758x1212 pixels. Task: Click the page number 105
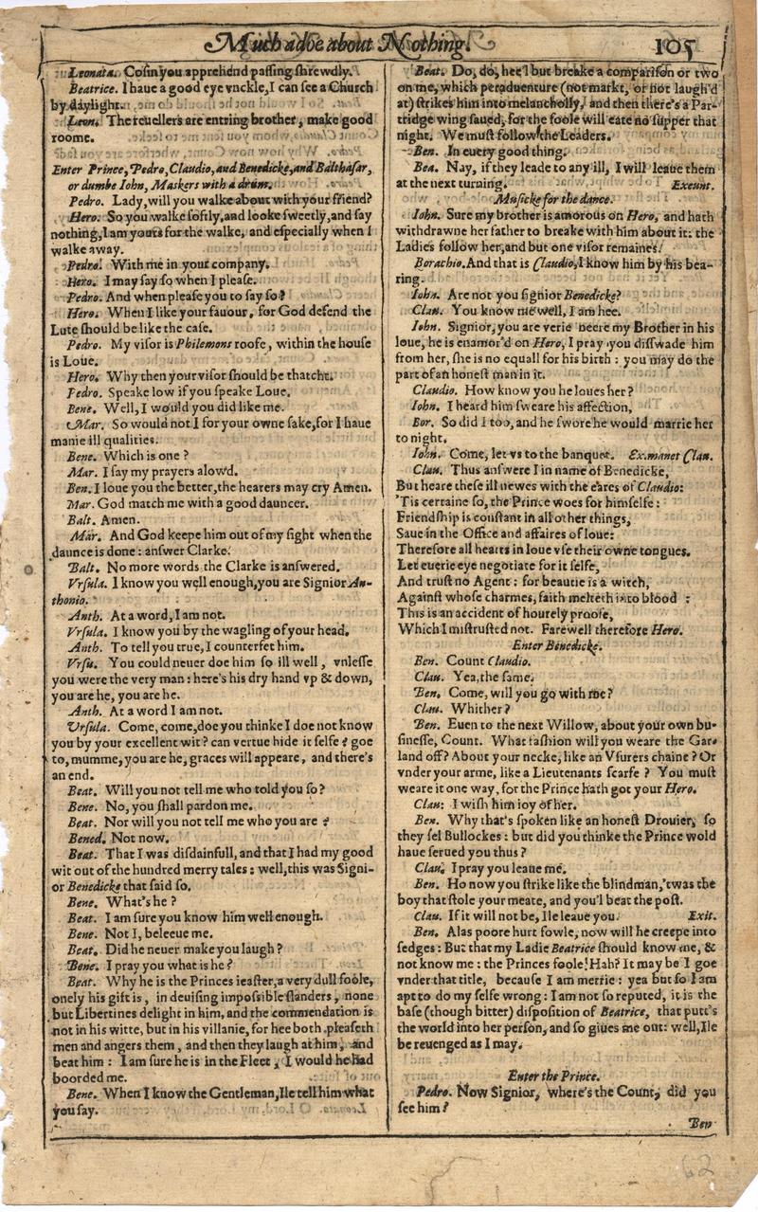tap(674, 45)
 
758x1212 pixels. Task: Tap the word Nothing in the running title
tap(432, 44)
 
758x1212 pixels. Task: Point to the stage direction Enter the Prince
tap(552, 1076)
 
